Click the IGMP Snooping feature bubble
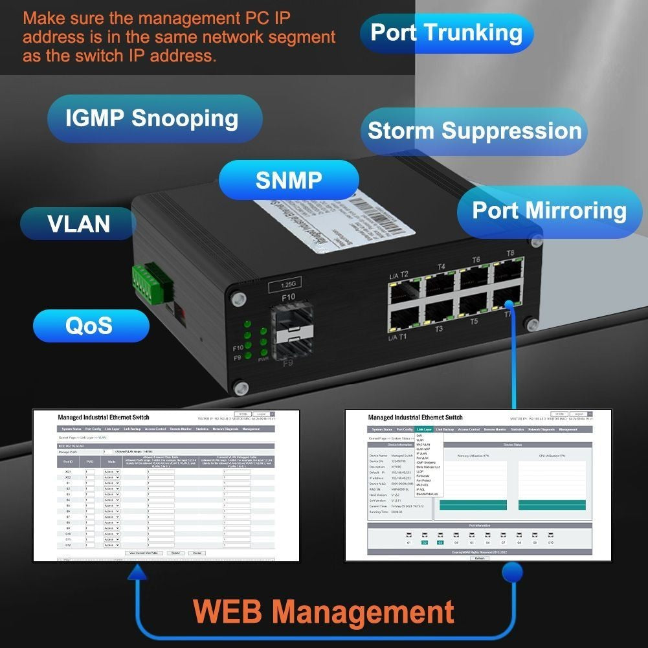[x=152, y=118]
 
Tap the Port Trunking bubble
[x=447, y=33]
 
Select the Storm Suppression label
[x=475, y=131]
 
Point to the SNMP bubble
[x=289, y=180]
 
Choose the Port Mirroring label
[x=549, y=211]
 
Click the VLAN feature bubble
[x=79, y=224]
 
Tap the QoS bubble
[x=89, y=325]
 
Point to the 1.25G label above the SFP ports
[x=285, y=285]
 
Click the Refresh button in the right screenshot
[x=479, y=557]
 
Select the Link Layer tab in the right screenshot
[x=425, y=429]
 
